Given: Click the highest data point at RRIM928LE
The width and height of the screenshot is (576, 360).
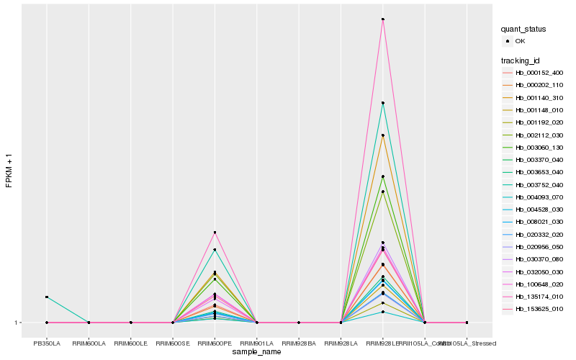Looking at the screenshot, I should pos(383,19).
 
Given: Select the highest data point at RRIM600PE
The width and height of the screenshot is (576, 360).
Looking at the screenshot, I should pos(215,233).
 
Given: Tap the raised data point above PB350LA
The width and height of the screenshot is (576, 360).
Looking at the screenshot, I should pos(47,297).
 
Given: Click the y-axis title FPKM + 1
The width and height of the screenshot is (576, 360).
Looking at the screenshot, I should pos(9,170).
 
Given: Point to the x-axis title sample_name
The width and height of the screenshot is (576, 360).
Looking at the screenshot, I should pos(257,352).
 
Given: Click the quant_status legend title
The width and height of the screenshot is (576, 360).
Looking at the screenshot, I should pos(523,30).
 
